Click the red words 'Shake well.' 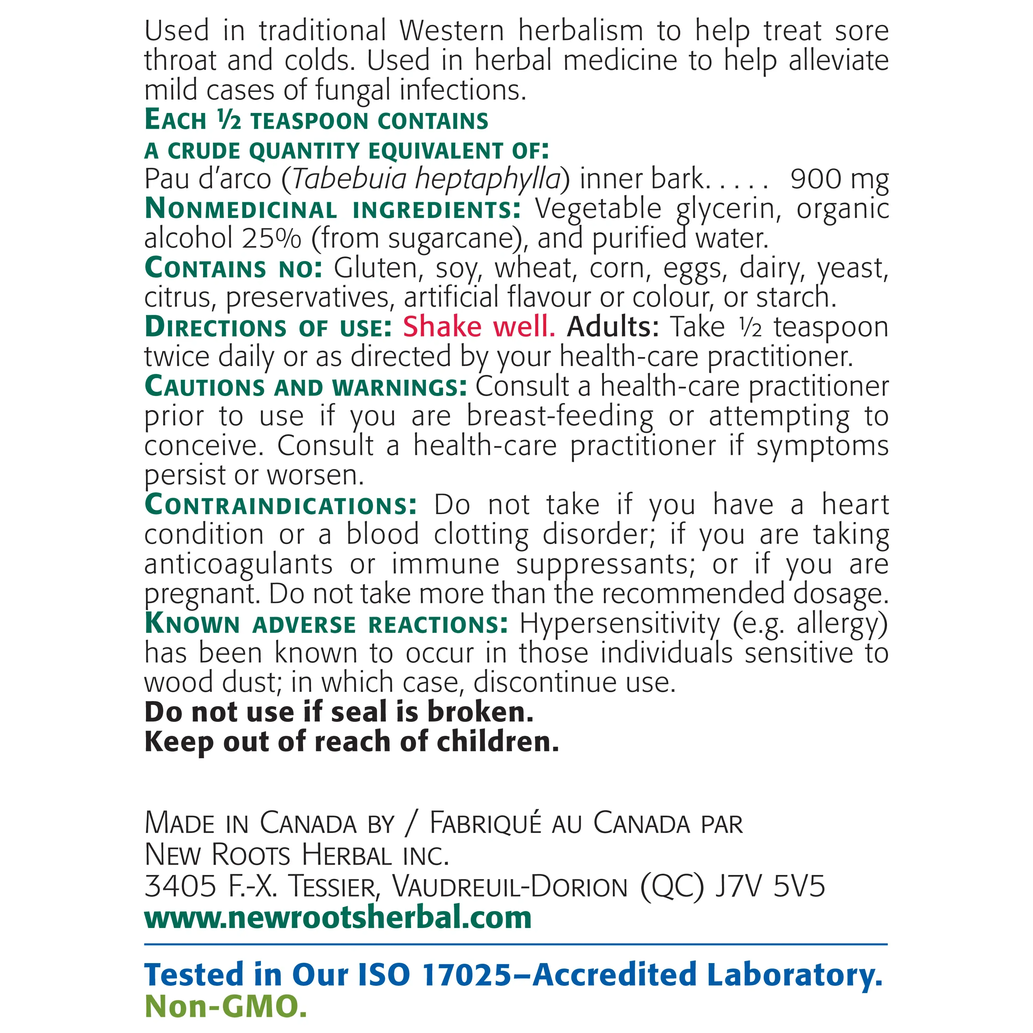click(x=479, y=327)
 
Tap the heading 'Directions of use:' click(x=269, y=327)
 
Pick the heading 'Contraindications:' click(x=281, y=505)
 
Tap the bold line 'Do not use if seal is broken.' click(x=339, y=712)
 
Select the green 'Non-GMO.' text click(x=226, y=1006)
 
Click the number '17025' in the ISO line click(x=467, y=975)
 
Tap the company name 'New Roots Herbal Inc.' click(x=297, y=855)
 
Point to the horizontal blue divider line click(x=516, y=944)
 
